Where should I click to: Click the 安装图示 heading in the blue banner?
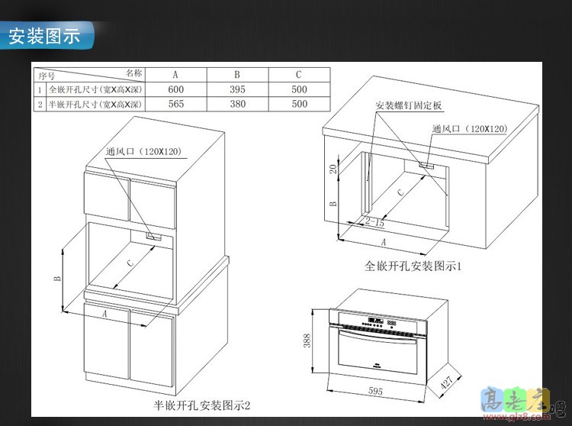[44, 36]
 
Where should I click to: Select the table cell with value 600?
[175, 89]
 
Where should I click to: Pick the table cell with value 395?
[237, 89]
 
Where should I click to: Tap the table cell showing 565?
[175, 104]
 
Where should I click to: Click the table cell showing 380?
[237, 104]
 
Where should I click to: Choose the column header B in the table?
[237, 75]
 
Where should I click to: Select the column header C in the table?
[299, 75]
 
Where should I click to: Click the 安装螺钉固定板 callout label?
[409, 105]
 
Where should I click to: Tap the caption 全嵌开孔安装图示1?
[414, 266]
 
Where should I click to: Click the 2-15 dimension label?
[374, 222]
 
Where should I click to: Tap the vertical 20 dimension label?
[333, 168]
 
